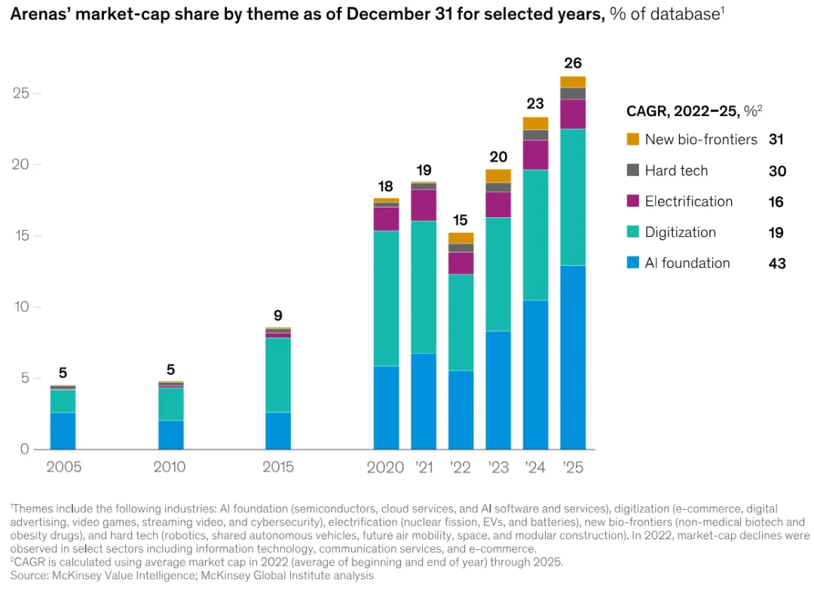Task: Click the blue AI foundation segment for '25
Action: click(573, 357)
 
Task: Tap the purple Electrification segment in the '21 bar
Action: click(424, 205)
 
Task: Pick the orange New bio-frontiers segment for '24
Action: click(535, 123)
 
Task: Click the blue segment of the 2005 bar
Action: click(63, 430)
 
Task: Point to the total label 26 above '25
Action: click(573, 63)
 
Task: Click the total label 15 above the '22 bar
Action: click(461, 220)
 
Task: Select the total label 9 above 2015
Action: click(278, 316)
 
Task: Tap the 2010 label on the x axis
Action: click(170, 467)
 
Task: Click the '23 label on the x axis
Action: click(497, 467)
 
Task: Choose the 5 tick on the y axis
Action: click(24, 378)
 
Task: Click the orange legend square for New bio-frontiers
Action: click(633, 140)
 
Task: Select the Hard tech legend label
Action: click(676, 171)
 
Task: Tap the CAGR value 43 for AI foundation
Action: click(777, 263)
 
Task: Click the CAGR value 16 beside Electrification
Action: click(777, 202)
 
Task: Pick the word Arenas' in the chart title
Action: click(37, 13)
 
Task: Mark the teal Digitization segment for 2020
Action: click(387, 298)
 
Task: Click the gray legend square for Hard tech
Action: click(633, 171)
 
